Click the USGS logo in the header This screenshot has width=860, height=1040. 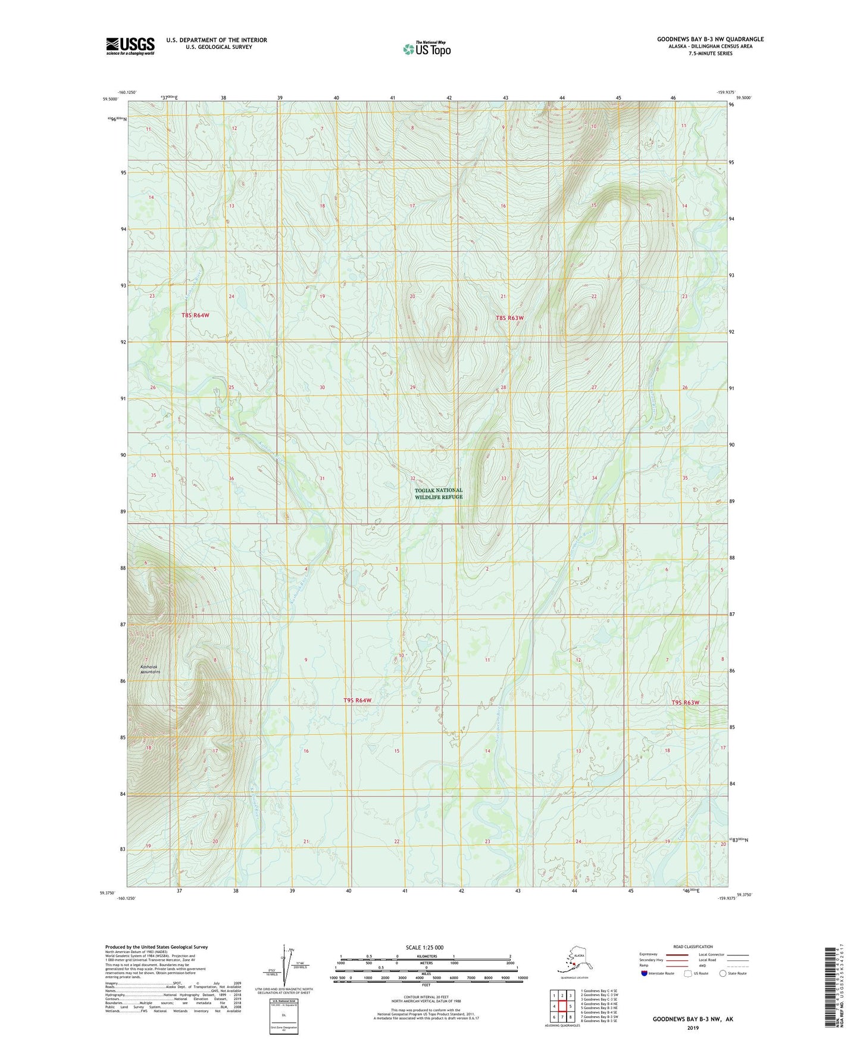[x=130, y=46]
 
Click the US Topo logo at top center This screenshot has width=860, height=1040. [x=427, y=48]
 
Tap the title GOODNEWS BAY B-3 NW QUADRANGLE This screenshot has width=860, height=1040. [x=710, y=39]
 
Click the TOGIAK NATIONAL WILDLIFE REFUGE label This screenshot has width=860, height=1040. [x=439, y=493]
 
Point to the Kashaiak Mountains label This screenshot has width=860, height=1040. [x=150, y=669]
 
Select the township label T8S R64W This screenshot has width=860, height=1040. [x=195, y=315]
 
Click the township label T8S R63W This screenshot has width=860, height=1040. [x=509, y=318]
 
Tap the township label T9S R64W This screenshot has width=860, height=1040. [x=357, y=700]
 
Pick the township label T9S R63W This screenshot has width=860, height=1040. [x=685, y=702]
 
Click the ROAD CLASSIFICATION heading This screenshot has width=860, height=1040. [x=693, y=946]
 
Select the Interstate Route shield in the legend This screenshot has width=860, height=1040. [x=645, y=973]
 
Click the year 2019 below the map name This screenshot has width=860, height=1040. [x=693, y=1027]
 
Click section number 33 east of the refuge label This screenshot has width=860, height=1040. [x=504, y=478]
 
